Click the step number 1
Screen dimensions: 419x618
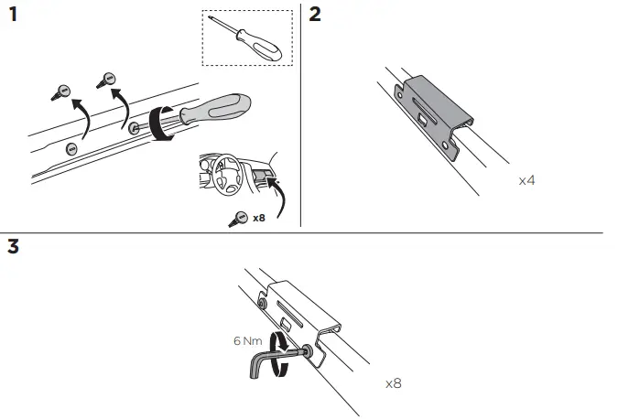pos(13,16)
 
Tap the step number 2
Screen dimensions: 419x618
pos(316,16)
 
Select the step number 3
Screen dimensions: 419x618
pos(13,247)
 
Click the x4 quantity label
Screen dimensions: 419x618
pos(526,181)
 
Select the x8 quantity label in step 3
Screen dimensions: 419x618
pos(393,382)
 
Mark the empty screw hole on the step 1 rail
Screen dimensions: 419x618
pos(70,145)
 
